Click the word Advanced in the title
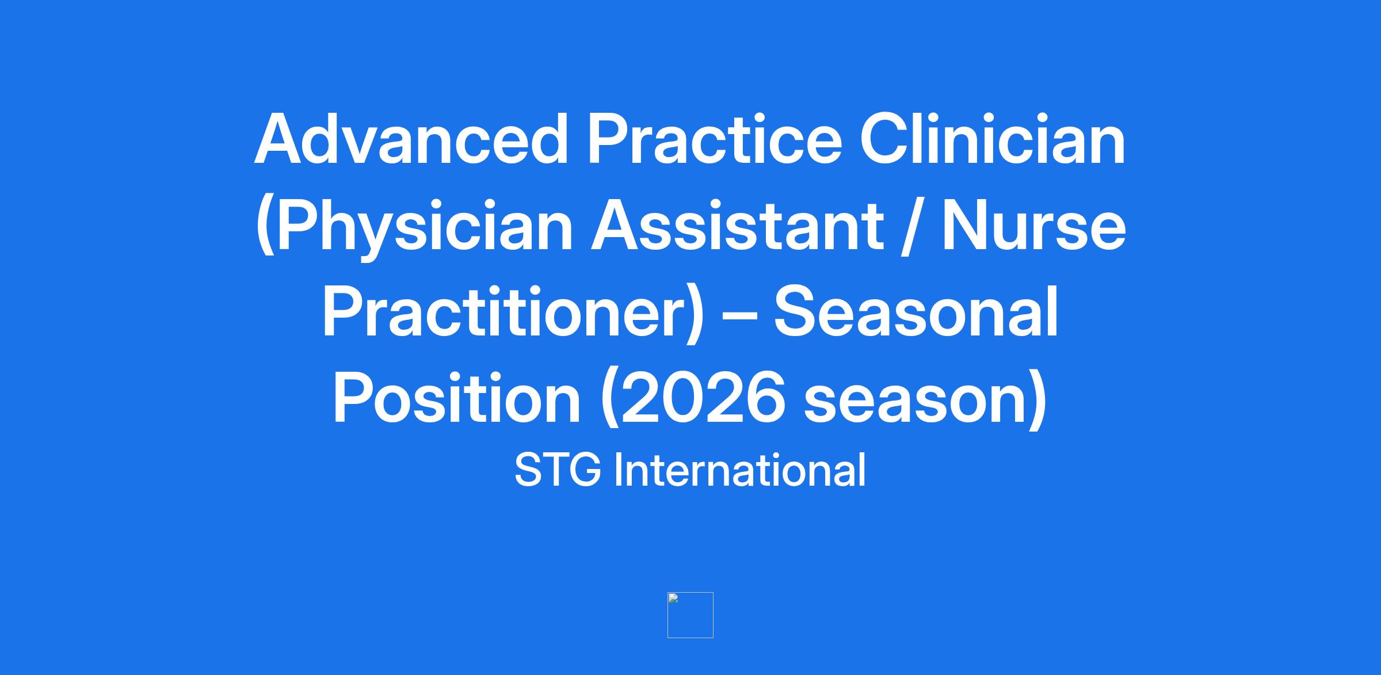411,139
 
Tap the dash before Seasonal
738,316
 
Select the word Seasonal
915,311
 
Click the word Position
457,398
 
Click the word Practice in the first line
714,139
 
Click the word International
740,470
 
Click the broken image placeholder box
690,615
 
